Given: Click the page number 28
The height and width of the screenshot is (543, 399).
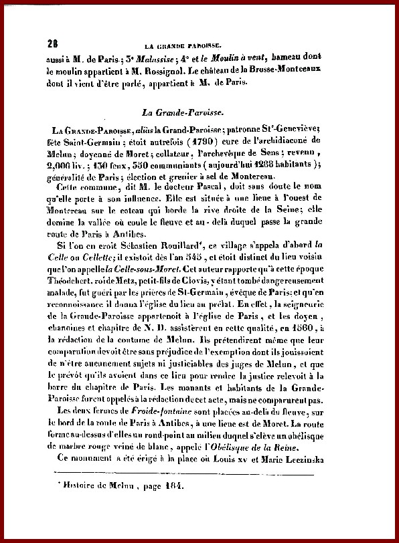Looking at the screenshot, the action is pyautogui.click(x=52, y=45).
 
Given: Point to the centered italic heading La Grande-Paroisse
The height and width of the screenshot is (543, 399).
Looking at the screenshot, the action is pyautogui.click(x=202, y=113).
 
